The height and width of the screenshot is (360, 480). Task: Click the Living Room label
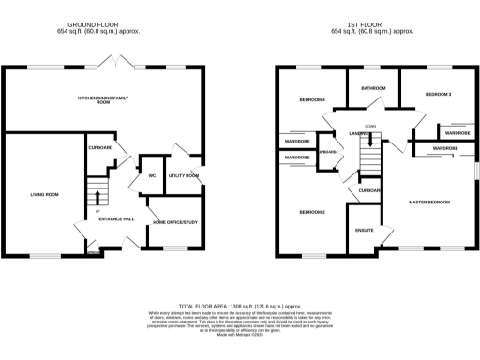click(x=45, y=194)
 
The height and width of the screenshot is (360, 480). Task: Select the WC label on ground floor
click(x=151, y=175)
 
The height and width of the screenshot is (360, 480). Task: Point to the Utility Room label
click(x=184, y=175)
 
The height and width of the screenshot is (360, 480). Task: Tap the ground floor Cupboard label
click(x=101, y=147)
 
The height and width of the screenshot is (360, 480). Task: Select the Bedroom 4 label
click(x=312, y=99)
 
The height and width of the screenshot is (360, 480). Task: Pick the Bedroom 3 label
click(x=438, y=95)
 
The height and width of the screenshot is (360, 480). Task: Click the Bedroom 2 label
click(x=312, y=212)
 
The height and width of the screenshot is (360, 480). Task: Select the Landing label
click(x=359, y=134)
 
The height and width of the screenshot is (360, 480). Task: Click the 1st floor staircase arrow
click(x=372, y=142)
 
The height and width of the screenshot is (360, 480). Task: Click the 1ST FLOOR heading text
click(x=372, y=25)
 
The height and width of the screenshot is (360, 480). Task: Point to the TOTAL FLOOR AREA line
click(x=240, y=307)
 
